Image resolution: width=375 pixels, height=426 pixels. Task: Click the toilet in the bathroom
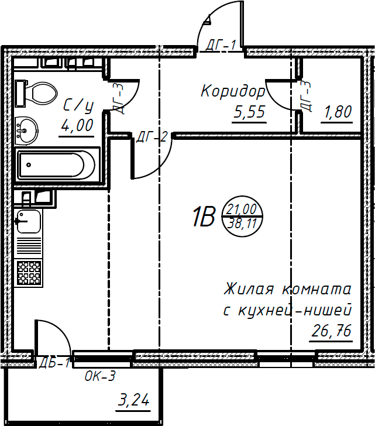point(38,92)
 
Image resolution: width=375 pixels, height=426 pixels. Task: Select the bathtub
point(56,165)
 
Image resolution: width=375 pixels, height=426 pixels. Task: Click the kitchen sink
point(29,222)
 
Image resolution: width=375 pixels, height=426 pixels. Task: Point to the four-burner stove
point(29,272)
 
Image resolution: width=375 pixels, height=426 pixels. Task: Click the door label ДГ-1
point(221,45)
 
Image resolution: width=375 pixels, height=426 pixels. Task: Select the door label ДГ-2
point(152,138)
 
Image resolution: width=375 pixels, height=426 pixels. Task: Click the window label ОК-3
point(100,376)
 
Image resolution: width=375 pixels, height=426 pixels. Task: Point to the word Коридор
point(232,92)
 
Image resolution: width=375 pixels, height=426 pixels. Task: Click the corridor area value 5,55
point(249,112)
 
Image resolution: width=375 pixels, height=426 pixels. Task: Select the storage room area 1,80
point(337,112)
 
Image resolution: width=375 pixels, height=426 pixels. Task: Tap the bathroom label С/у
point(78,105)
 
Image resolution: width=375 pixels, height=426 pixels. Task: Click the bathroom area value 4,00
point(77,125)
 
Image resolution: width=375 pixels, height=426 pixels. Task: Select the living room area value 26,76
point(331,331)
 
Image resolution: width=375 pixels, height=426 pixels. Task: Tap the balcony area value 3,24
point(134,401)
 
